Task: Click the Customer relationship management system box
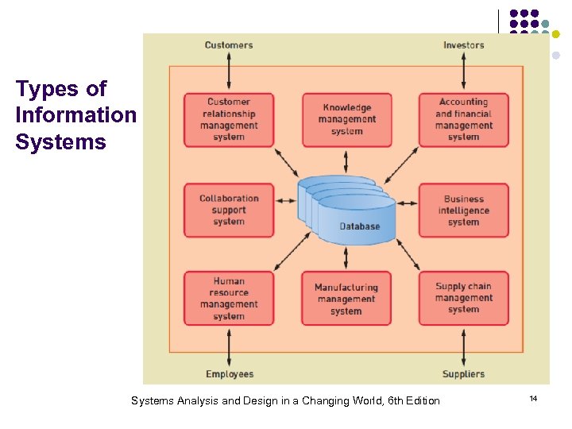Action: (229, 120)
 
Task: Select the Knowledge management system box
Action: (346, 120)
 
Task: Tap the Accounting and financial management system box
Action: (463, 120)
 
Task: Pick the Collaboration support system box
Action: (229, 211)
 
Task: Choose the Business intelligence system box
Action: (463, 211)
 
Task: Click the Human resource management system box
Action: (229, 299)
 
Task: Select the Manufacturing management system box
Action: (346, 299)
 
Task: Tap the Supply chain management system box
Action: (463, 299)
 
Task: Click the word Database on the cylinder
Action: (360, 226)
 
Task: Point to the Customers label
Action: (229, 45)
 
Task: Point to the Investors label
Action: (464, 45)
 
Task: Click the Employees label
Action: (230, 374)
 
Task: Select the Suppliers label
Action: (463, 374)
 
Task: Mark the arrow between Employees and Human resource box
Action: (229, 346)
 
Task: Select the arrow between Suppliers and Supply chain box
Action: (464, 346)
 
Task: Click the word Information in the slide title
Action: (75, 115)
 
